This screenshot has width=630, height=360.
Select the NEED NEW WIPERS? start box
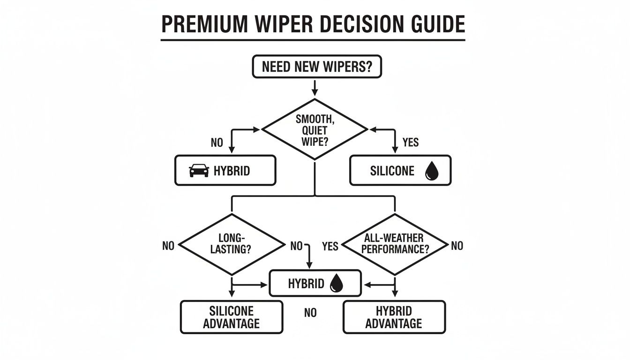317,67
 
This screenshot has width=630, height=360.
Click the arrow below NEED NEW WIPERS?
315,88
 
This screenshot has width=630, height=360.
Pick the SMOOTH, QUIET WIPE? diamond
315,129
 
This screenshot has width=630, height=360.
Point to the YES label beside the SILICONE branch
411,142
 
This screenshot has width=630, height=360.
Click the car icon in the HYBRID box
199,171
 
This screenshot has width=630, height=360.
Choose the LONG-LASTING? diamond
232,244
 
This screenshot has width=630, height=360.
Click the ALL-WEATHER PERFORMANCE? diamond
395,244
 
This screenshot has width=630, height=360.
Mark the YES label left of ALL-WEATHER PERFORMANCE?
330,246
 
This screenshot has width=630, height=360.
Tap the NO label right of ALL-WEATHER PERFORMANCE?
457,246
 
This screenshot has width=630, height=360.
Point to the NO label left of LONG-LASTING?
168,246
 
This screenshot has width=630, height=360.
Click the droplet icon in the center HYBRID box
337,283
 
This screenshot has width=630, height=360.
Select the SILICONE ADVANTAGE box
232,317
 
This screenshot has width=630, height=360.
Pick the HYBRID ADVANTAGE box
394,317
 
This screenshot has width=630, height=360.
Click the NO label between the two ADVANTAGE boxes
310,313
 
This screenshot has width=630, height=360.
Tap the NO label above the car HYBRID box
217,143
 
